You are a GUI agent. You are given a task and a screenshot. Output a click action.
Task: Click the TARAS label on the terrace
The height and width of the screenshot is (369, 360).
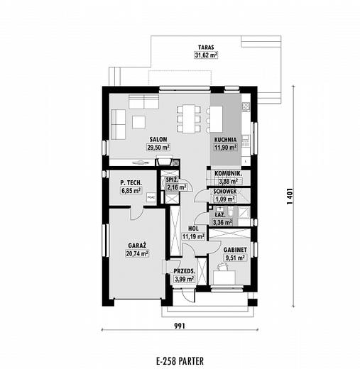(206, 47)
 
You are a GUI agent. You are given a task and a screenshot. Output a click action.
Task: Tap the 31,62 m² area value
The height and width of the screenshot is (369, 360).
(206, 55)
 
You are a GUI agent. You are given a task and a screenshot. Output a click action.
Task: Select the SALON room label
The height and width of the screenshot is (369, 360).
(158, 140)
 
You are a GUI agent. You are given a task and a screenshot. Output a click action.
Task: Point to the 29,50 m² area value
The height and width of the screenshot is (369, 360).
(158, 148)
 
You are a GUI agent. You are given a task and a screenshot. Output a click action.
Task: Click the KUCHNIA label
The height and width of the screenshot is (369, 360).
(225, 140)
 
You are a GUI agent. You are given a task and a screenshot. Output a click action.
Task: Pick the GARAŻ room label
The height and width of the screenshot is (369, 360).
(137, 246)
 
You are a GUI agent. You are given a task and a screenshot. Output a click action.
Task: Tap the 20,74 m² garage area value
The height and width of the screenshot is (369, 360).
(137, 254)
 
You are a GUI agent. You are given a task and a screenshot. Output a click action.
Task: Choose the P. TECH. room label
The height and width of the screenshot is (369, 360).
(131, 182)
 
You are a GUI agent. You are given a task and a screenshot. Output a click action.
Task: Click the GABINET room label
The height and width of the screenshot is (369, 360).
(235, 250)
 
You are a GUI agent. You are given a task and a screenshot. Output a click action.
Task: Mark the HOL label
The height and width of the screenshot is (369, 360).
(193, 228)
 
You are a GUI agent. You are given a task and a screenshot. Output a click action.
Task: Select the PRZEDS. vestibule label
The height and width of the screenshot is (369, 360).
(185, 271)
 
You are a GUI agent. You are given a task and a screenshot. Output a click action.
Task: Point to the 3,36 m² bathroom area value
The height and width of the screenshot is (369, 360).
(222, 222)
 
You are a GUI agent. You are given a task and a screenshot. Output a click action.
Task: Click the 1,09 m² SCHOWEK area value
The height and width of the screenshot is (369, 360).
(224, 199)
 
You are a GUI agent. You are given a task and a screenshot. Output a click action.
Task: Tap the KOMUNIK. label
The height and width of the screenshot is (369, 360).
(228, 173)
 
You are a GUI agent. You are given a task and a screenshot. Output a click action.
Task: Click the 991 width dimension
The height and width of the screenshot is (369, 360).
(180, 326)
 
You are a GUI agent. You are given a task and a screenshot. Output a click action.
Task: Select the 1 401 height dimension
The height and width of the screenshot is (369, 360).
(290, 197)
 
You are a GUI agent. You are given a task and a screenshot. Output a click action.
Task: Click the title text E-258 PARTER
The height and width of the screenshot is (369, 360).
(180, 361)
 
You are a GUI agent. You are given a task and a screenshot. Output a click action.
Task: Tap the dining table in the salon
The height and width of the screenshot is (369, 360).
(189, 119)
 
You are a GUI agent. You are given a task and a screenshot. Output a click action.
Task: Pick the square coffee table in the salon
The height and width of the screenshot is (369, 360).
(138, 122)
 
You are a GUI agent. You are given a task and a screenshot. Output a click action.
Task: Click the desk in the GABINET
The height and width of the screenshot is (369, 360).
(224, 277)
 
